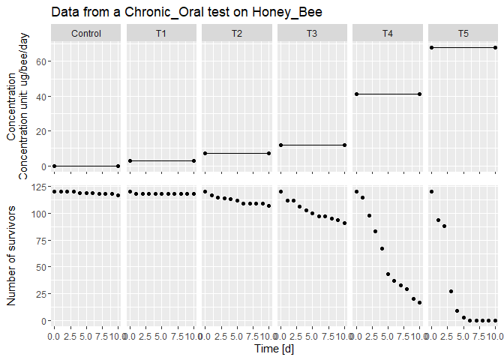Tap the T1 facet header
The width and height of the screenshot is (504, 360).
(x=161, y=33)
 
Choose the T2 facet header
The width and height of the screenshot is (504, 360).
(x=237, y=33)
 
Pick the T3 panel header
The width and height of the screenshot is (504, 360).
(x=312, y=33)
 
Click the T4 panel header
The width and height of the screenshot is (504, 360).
(x=387, y=33)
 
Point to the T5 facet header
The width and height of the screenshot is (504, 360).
(x=463, y=33)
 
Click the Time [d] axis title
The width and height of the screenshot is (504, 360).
(x=274, y=349)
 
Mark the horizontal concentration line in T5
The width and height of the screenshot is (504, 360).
(x=463, y=48)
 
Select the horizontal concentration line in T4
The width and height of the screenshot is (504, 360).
(x=387, y=94)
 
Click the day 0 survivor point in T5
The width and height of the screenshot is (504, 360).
(x=431, y=191)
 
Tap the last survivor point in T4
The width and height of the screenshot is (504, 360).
(x=420, y=303)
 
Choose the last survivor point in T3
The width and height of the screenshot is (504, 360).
(x=344, y=223)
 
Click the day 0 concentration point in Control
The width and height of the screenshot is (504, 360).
(x=55, y=166)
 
